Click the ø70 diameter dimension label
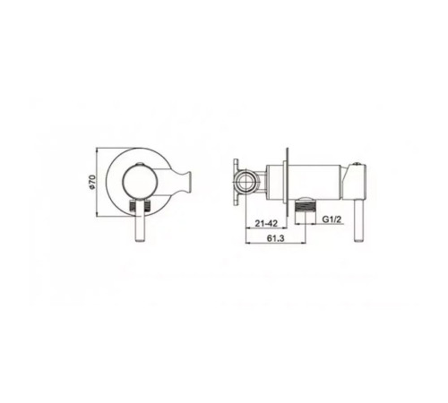(92, 182)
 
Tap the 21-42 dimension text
(265, 223)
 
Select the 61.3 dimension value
(276, 238)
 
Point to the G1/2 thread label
(332, 219)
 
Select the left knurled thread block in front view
(132, 206)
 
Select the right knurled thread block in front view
(148, 206)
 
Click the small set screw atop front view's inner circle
(140, 164)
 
